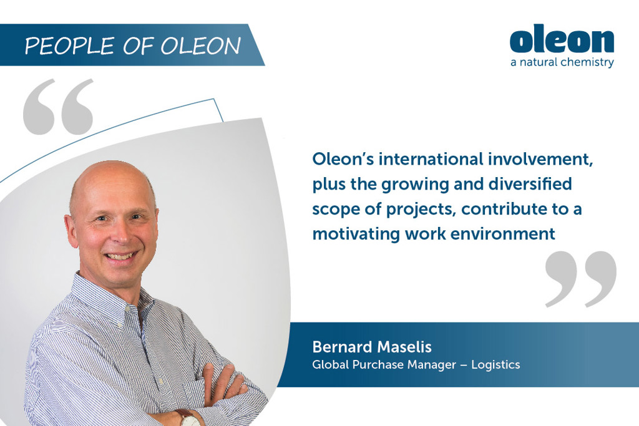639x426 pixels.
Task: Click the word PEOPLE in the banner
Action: coord(69,46)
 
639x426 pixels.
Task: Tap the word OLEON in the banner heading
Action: coord(201,46)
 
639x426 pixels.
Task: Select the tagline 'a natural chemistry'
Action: coord(562,62)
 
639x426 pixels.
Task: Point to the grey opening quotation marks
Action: coord(58,107)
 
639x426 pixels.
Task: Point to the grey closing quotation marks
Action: coord(581,279)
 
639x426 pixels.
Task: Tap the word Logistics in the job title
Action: coord(495,365)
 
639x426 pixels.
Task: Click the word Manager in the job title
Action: coord(432,365)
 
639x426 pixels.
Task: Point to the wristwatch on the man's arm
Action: coord(189,419)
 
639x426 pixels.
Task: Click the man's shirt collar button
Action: coord(127,308)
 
